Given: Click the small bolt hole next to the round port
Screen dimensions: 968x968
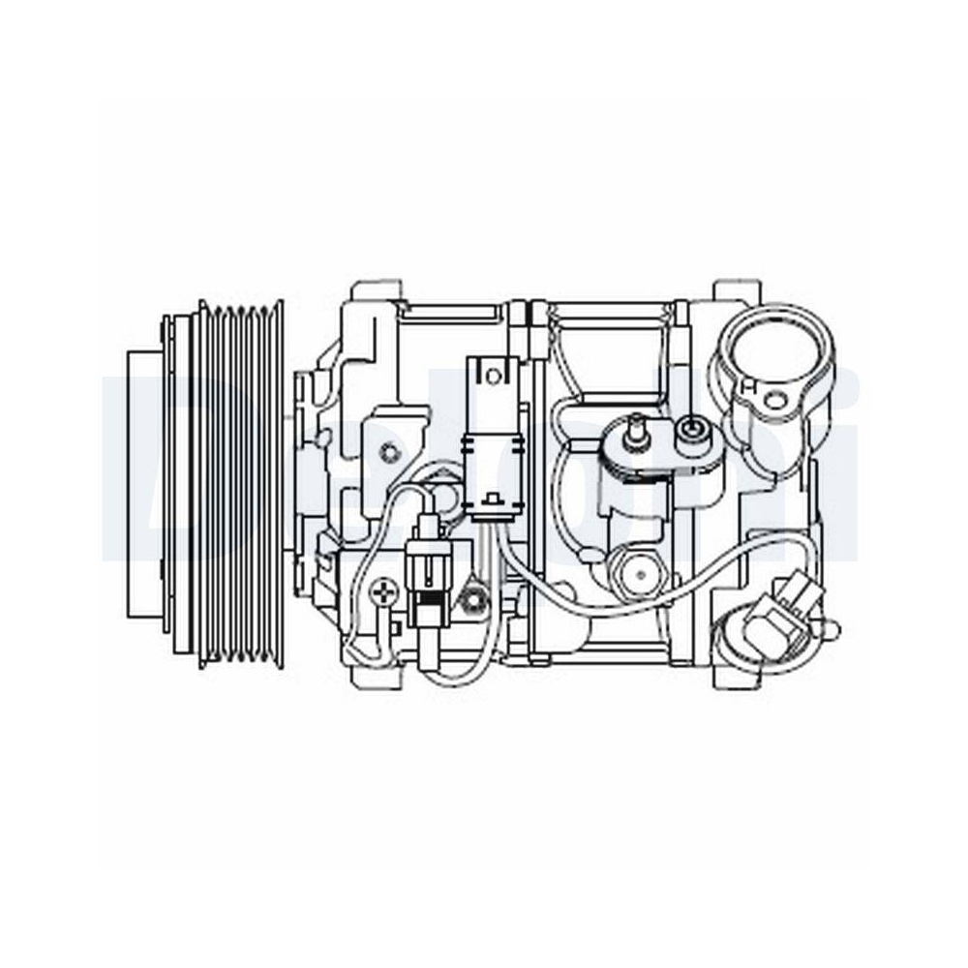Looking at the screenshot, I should pos(774,399).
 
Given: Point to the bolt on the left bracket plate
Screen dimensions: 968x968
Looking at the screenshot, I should pos(389,451).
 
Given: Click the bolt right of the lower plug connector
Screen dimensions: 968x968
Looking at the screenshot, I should pos(473,600).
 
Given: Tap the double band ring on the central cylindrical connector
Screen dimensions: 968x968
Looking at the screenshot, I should pos(495,444).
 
